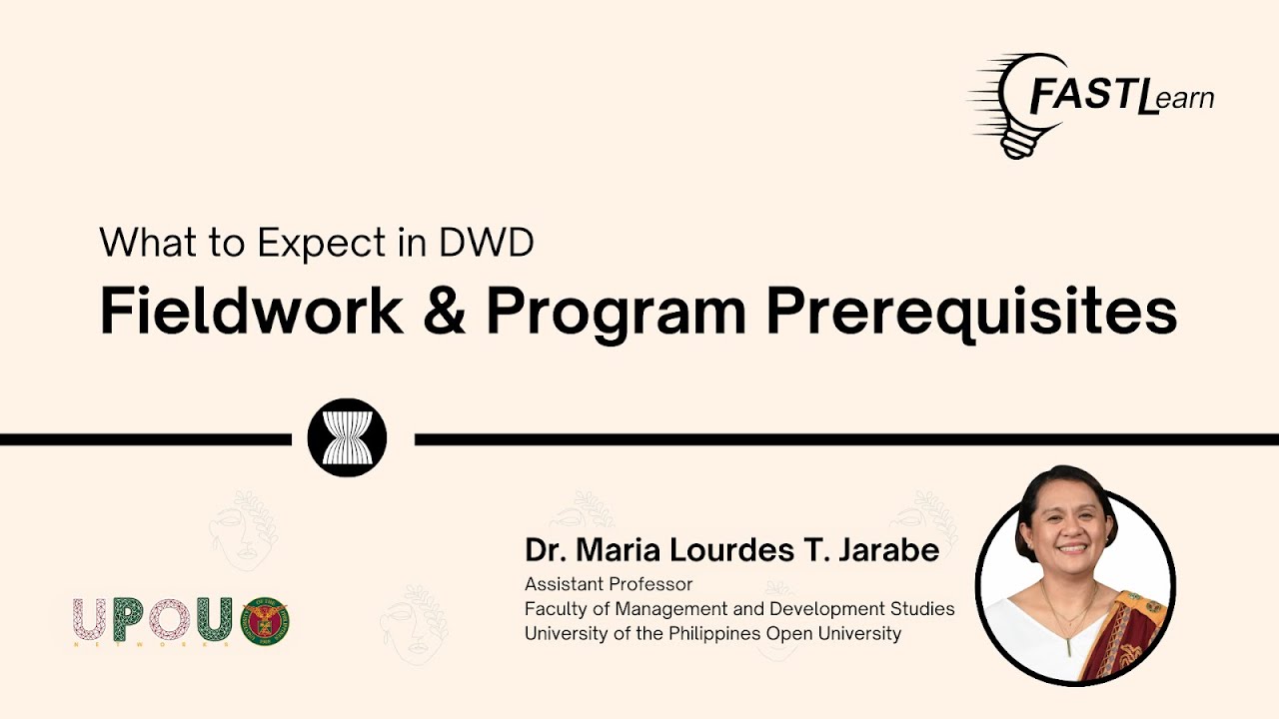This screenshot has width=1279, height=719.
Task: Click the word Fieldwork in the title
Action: pos(252,311)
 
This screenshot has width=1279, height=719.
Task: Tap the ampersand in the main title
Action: pos(445,312)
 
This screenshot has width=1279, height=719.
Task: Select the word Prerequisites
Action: pos(972,314)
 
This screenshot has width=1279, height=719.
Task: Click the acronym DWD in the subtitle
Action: pos(487,243)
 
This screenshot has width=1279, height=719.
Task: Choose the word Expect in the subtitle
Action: pos(322,245)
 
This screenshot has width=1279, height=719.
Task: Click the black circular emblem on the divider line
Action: pos(347,437)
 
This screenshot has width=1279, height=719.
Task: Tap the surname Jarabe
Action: pos(888,550)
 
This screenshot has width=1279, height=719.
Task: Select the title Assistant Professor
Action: pos(609,584)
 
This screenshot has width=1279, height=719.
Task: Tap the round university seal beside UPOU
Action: pos(266,621)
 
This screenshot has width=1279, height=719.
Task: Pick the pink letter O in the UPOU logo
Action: pos(170,619)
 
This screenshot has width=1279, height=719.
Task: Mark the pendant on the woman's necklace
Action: pos(1069,647)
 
